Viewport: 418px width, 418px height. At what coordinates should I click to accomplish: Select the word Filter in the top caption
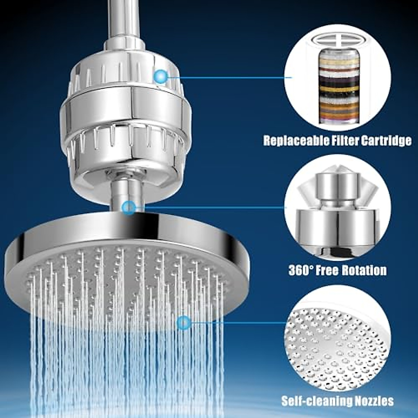tap(341, 141)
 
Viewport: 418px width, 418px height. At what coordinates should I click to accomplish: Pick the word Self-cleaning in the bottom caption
tap(310, 401)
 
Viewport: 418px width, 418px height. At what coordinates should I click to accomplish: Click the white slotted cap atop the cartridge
tap(337, 44)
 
